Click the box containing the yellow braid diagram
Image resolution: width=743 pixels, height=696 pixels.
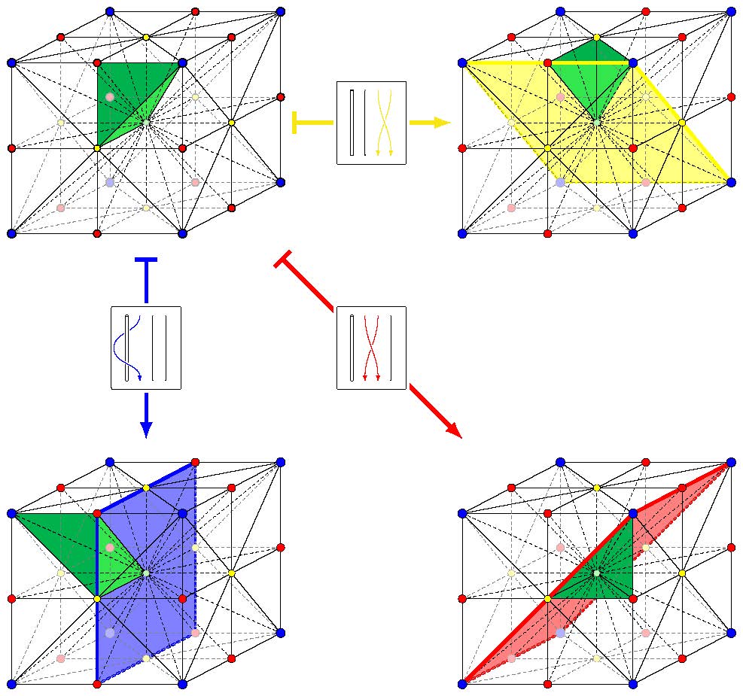tap(371, 123)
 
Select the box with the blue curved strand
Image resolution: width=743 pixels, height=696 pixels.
tap(146, 348)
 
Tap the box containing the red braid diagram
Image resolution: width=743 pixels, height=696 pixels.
tap(371, 348)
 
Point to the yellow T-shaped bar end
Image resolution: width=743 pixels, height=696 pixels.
tap(294, 123)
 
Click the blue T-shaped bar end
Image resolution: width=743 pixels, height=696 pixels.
tap(145, 260)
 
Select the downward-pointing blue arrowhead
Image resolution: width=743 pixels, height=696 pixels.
tap(146, 428)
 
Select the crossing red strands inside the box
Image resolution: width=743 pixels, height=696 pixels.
tap(371, 348)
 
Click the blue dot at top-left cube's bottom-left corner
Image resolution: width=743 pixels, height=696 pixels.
tap(11, 234)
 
